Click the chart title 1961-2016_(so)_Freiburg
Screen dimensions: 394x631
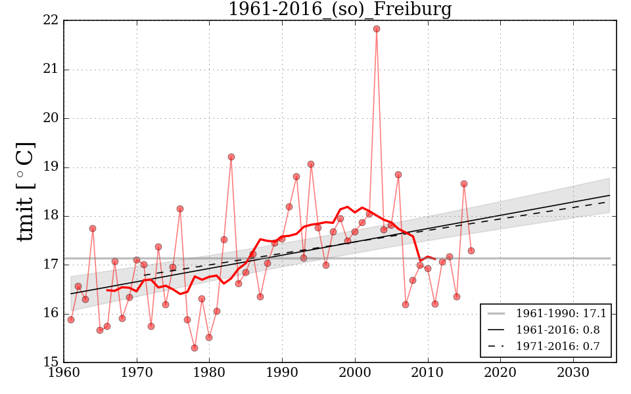339,10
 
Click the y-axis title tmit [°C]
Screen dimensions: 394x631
25,192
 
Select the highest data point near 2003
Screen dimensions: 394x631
377,29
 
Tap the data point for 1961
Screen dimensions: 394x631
71,320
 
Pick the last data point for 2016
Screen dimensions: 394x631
471,251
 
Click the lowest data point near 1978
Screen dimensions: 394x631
195,348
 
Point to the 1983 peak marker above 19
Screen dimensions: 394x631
231,157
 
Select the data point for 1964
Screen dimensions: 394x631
93,229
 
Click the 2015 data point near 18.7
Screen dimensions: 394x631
464,184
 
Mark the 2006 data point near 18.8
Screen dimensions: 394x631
398,175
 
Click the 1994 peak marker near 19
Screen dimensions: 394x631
311,164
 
